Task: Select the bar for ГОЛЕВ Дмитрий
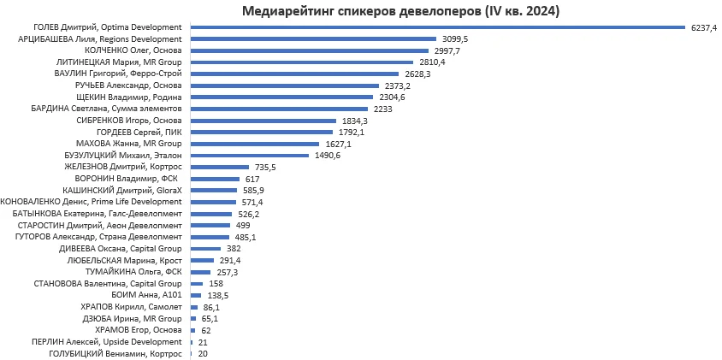(x=436, y=27)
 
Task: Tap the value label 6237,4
(x=703, y=27)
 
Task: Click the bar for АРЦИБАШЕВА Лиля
(x=313, y=39)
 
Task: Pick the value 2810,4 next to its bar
(x=432, y=62)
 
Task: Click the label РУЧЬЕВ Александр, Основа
(x=129, y=86)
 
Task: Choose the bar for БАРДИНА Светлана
(x=279, y=109)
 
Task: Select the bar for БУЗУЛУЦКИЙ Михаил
(x=249, y=156)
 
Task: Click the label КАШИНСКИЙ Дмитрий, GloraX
(x=122, y=190)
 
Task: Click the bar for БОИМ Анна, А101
(x=196, y=295)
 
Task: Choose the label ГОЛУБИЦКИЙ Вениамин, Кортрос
(x=115, y=353)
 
